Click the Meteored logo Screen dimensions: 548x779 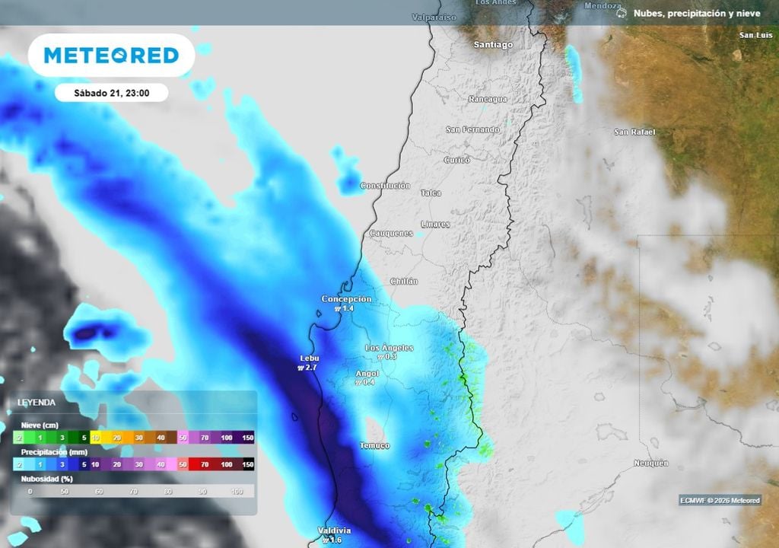[x=111, y=55]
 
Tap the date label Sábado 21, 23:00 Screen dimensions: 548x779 [x=111, y=94]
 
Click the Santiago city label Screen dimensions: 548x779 [x=493, y=44]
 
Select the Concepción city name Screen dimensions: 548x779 [x=346, y=299]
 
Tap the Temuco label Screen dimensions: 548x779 [x=374, y=445]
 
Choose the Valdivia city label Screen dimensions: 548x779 [x=334, y=530]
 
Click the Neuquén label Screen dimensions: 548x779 [x=650, y=463]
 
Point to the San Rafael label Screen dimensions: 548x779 [x=634, y=132]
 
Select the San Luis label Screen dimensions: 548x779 [x=756, y=35]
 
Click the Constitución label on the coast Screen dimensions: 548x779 [x=385, y=186]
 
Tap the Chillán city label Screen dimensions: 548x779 [x=404, y=282]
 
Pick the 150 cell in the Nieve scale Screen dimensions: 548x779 [x=247, y=438]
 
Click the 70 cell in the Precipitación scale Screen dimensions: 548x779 [x=205, y=464]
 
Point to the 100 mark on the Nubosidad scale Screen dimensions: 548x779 [x=236, y=492]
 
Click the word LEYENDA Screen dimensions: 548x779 [x=36, y=402]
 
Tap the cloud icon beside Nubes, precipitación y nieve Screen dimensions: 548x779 [x=622, y=13]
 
